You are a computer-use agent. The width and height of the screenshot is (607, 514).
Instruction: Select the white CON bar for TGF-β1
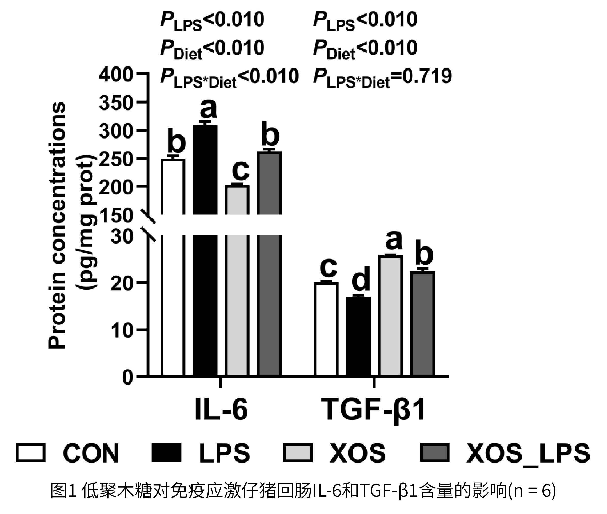[326, 329]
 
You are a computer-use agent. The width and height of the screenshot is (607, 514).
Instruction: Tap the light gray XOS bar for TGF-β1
[391, 316]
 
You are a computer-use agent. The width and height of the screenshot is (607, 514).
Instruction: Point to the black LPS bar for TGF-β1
[358, 337]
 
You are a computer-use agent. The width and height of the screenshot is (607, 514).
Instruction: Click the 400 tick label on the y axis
[116, 75]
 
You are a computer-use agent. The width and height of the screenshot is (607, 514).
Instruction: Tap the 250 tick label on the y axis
[116, 159]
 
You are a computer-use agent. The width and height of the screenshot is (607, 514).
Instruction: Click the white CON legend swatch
[31, 453]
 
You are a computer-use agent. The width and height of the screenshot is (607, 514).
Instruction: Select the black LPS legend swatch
[166, 453]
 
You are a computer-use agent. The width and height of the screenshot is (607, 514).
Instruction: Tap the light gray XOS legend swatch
[298, 453]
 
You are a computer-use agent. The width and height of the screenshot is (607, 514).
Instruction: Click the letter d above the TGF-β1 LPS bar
[361, 279]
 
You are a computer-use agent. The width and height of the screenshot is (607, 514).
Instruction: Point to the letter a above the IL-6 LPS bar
[208, 108]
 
